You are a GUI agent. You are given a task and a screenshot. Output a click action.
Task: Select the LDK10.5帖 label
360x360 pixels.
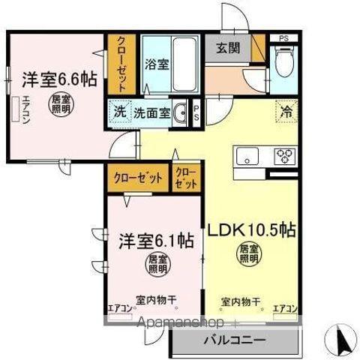pyautogui.click(x=248, y=229)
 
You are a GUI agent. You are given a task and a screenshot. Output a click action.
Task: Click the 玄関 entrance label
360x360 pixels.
pyautogui.click(x=229, y=49)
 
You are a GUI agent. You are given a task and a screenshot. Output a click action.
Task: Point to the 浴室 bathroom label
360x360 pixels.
pyautogui.click(x=157, y=64)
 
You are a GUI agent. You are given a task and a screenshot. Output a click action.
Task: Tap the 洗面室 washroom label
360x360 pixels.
pyautogui.click(x=150, y=112)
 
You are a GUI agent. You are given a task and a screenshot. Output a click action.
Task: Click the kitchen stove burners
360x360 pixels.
pyautogui.click(x=285, y=156)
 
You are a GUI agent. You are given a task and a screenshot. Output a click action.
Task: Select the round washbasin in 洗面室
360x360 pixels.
pyautogui.click(x=179, y=113)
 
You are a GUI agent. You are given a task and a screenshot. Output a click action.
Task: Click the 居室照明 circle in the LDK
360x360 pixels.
pyautogui.click(x=248, y=254)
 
